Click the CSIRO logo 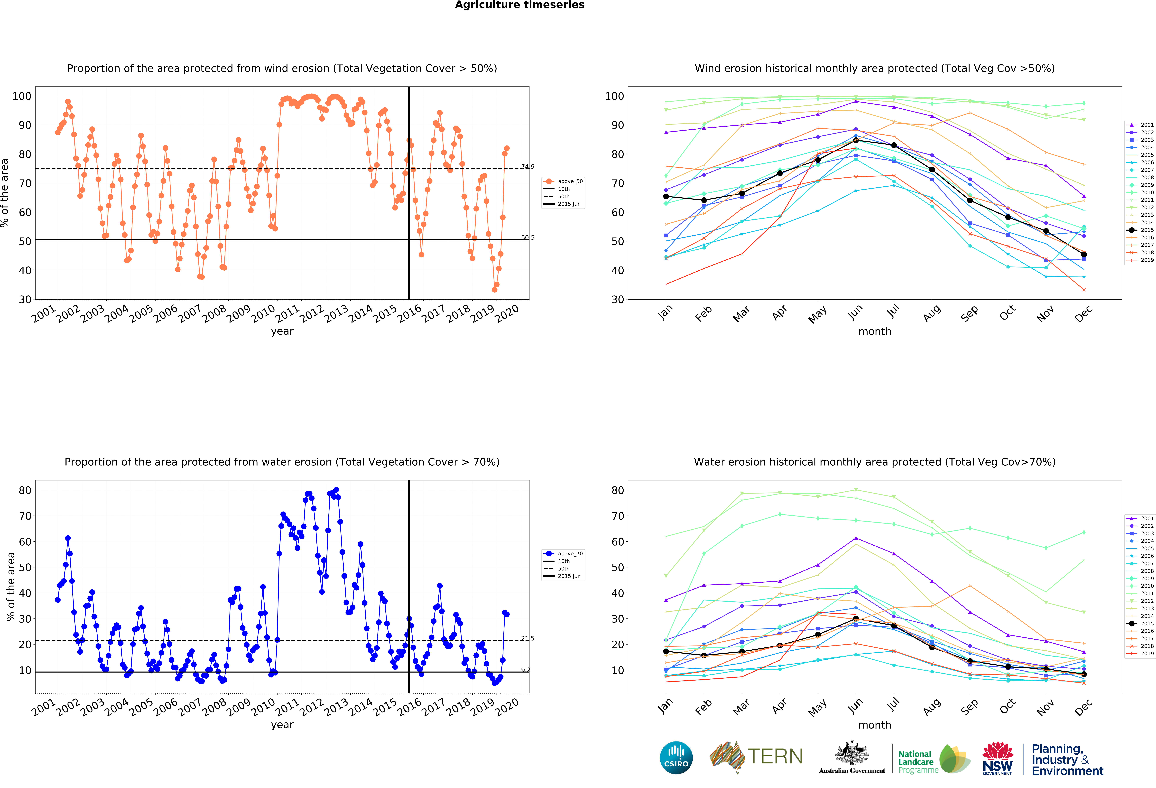[676, 758]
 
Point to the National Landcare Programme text [918, 762]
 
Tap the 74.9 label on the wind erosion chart [528, 167]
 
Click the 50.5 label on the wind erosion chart [528, 237]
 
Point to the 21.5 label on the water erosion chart [528, 638]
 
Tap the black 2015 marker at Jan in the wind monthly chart [666, 197]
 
